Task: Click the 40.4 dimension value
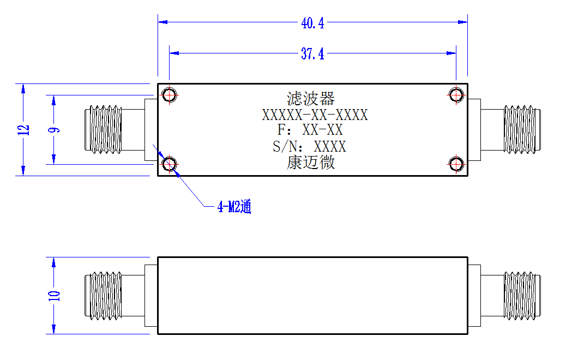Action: (x=312, y=23)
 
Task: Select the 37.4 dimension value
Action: (x=312, y=54)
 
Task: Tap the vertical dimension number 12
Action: (x=23, y=130)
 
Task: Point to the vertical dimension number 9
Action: (x=54, y=130)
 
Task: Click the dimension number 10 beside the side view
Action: (x=54, y=296)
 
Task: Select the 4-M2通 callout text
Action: (x=234, y=207)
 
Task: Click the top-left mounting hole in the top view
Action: (x=169, y=95)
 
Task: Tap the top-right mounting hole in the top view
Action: (x=456, y=95)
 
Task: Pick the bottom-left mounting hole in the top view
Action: (x=169, y=164)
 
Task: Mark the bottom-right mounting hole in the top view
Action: (x=456, y=164)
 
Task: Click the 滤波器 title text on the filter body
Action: (x=311, y=99)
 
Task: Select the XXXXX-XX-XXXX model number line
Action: (x=315, y=115)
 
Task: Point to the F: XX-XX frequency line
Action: (x=310, y=130)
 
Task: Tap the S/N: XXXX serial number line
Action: (x=309, y=146)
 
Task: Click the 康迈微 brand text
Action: (x=311, y=163)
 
